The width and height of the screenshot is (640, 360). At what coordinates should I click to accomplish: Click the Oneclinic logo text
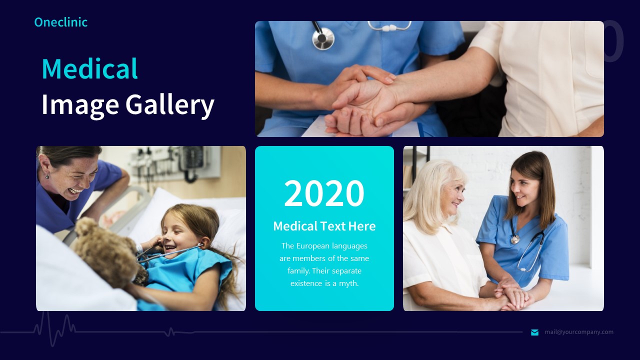[60, 22]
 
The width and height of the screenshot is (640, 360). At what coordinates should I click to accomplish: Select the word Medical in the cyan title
[89, 69]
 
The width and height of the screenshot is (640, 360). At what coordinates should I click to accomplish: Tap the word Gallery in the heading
[169, 104]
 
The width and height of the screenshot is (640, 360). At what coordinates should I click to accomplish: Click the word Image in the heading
[80, 104]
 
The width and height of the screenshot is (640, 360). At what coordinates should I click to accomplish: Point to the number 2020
[324, 193]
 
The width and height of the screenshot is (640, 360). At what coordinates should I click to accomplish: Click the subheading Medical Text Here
[324, 226]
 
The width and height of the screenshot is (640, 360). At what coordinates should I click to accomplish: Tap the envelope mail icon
[534, 332]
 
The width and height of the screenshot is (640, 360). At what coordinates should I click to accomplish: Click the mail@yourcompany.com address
[579, 332]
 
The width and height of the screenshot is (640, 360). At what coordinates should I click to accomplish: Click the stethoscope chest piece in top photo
[323, 37]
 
